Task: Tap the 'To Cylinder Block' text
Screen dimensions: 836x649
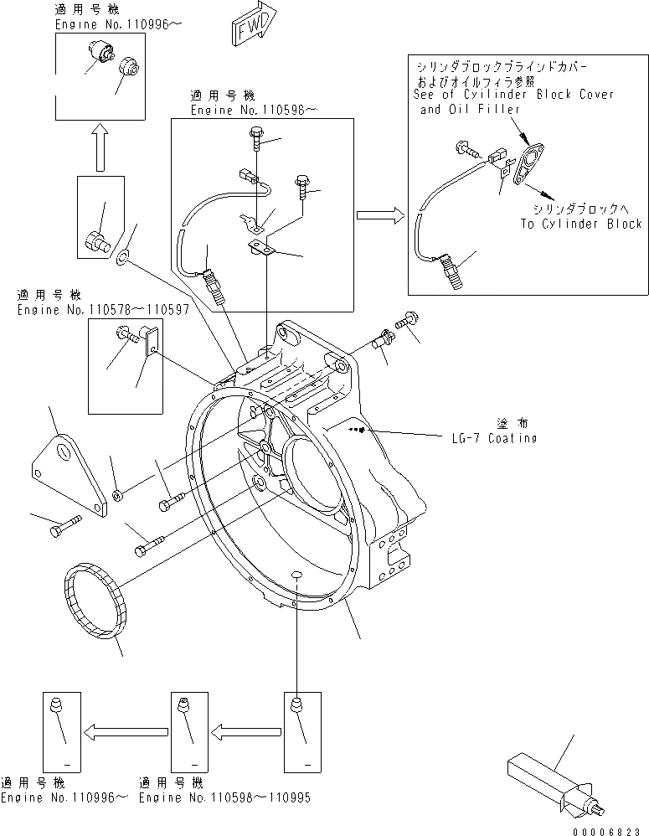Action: (x=580, y=224)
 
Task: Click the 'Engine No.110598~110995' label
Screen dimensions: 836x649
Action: (x=224, y=797)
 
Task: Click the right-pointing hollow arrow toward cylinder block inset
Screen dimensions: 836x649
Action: (x=380, y=215)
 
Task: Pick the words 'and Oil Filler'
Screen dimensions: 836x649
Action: (x=470, y=109)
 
